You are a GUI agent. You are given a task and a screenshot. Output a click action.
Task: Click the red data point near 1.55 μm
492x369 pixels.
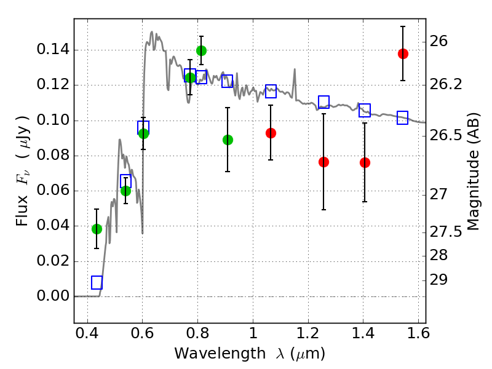403,54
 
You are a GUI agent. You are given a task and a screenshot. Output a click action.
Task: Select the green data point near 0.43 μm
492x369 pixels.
97,229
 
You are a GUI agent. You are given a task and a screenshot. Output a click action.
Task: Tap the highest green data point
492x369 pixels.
201,50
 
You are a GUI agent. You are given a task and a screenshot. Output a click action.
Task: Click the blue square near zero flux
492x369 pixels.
97,282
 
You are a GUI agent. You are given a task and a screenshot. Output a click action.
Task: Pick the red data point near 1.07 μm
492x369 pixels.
271,133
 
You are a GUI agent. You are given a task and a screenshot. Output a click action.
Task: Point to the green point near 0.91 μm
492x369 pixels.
228,140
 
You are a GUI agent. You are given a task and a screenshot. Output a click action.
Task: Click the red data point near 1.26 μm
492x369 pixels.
323,162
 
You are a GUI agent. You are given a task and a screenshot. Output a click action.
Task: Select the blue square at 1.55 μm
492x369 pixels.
403,117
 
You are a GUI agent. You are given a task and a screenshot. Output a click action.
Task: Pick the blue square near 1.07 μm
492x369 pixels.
271,91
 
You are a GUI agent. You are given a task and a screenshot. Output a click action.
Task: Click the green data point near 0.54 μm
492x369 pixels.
125,191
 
